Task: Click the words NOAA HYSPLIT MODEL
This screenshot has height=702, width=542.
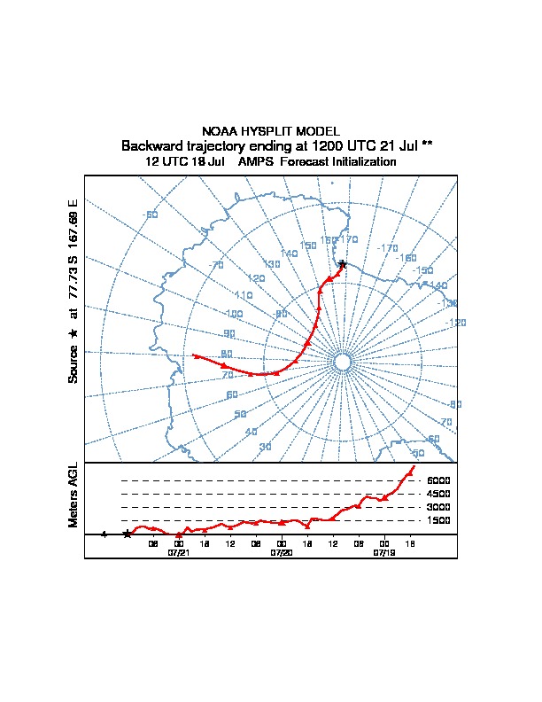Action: [x=271, y=130]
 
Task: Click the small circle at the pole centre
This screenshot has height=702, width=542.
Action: [x=343, y=361]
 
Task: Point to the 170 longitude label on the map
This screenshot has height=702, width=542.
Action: [x=349, y=239]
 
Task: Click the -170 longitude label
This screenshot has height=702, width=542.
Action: [x=388, y=248]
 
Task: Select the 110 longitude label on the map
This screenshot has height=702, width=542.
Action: [x=244, y=295]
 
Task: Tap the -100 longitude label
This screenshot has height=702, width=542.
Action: [x=233, y=314]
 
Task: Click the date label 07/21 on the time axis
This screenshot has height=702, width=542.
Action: [x=179, y=552]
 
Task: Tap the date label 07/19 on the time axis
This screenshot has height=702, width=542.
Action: [x=384, y=552]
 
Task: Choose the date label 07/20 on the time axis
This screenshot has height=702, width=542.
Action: [x=282, y=552]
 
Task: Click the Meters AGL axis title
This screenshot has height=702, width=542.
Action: [x=74, y=495]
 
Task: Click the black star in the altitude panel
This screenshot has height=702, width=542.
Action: [x=128, y=534]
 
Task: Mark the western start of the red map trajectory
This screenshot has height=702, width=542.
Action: [x=195, y=355]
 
